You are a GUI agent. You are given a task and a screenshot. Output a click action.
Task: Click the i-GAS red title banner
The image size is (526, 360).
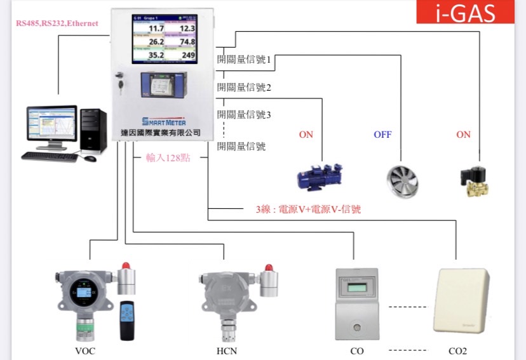click(x=465, y=13)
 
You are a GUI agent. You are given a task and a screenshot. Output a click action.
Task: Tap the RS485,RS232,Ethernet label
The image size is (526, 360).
click(x=57, y=23)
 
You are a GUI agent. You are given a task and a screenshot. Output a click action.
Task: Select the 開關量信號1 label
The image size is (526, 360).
click(x=244, y=60)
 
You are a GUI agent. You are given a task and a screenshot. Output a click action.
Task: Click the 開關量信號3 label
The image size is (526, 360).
click(x=244, y=115)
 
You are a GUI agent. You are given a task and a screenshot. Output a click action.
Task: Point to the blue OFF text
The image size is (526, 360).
click(x=382, y=135)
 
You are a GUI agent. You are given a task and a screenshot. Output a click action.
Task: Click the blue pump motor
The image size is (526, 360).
click(x=323, y=177)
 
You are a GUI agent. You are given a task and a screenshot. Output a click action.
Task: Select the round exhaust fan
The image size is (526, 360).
click(x=403, y=178)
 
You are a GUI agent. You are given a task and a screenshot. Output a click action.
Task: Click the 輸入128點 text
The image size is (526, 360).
click(x=172, y=157)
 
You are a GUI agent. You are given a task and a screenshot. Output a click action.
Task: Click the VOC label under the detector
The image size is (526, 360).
click(x=84, y=350)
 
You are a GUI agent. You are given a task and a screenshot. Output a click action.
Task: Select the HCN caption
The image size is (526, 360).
click(x=226, y=350)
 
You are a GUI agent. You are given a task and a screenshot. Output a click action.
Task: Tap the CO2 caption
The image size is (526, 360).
click(x=458, y=350)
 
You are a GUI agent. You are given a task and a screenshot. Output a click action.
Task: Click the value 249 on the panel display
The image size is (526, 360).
click(x=188, y=56)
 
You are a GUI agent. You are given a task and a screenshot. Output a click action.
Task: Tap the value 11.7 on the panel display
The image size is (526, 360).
click(x=156, y=29)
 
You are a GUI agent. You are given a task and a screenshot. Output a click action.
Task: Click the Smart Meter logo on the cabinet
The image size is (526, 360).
click(x=164, y=121)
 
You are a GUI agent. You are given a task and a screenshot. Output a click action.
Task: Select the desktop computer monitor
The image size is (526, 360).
click(x=51, y=125)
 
